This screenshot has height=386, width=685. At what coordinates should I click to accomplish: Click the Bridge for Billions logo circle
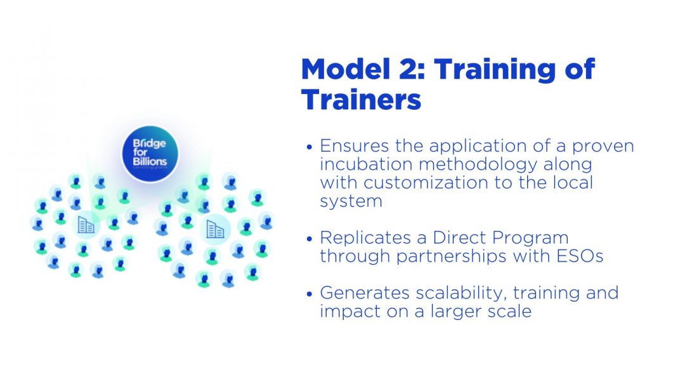150,154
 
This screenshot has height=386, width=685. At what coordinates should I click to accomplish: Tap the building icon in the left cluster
86,225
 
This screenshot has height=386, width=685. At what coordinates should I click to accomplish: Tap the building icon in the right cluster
215,229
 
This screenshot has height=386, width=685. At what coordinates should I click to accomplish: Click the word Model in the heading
345,69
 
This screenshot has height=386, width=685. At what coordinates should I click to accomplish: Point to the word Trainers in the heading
361,99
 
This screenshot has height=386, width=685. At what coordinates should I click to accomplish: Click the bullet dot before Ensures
310,147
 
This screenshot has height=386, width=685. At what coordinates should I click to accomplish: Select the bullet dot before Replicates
310,239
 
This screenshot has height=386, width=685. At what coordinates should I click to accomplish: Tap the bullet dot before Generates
310,294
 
